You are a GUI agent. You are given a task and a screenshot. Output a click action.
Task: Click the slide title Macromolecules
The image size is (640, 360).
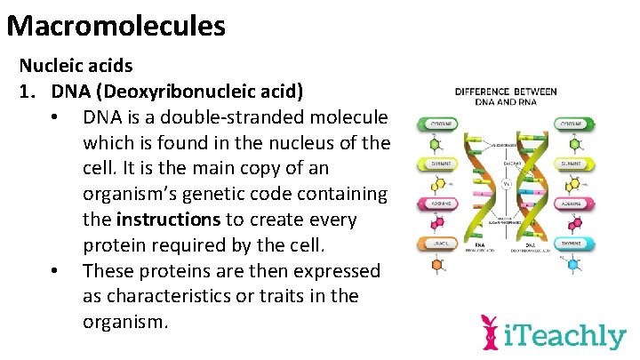[116, 24]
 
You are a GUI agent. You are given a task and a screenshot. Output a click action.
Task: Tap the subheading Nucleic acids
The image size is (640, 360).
[76, 66]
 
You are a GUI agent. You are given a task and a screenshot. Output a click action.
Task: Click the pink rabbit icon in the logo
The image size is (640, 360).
[489, 332]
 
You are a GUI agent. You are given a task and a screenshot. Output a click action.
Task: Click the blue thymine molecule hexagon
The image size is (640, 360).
[573, 264]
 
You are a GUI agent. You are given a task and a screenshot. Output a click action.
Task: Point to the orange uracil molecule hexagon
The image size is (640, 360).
[437, 265]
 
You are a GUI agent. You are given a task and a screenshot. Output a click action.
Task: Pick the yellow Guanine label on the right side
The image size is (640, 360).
[572, 164]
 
